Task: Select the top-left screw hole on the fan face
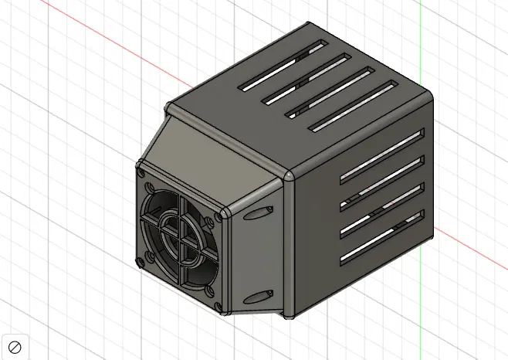tap(144, 174)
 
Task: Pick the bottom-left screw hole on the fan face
tap(144, 258)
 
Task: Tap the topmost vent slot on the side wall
tap(383, 151)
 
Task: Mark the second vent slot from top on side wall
tap(383, 179)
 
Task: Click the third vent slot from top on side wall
tap(383, 209)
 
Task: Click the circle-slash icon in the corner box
tap(14, 346)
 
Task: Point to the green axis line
tap(420, 46)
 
